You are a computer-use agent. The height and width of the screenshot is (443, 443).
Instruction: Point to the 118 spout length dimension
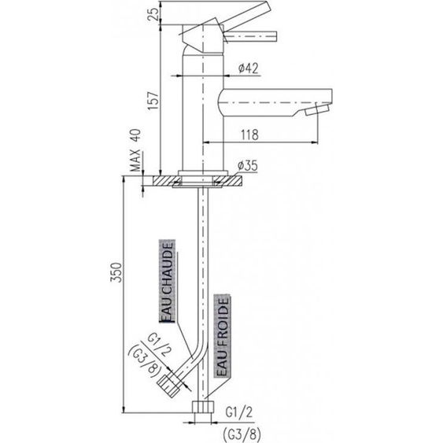click(x=250, y=135)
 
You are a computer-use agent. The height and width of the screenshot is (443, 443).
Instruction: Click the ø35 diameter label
click(x=248, y=166)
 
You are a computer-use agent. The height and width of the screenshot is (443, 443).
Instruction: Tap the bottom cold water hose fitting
click(x=206, y=410)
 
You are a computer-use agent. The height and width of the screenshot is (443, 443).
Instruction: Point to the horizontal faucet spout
click(x=260, y=101)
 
